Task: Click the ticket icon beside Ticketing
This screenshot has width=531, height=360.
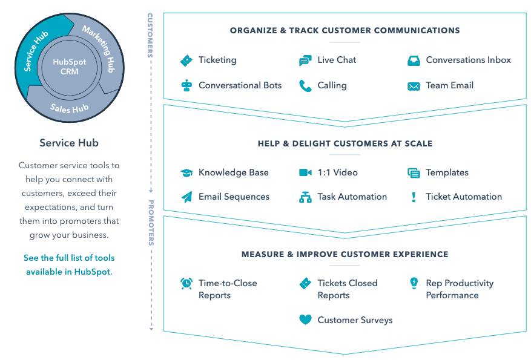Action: point(186,61)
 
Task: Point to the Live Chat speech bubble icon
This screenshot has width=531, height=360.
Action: point(305,61)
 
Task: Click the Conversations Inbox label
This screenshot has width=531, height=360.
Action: point(468,60)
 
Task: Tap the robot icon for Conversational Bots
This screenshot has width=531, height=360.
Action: point(186,85)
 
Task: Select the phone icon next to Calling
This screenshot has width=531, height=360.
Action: point(305,86)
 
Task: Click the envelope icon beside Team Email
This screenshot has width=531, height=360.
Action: point(414,86)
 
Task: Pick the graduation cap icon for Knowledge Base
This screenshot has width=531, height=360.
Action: point(186,173)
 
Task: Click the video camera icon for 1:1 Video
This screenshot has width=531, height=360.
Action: point(305,172)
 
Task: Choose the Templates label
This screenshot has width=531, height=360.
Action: point(447,172)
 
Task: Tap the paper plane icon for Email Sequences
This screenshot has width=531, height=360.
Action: point(186,197)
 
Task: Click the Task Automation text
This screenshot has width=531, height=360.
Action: point(352,197)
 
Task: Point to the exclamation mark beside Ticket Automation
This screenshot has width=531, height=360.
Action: point(414,197)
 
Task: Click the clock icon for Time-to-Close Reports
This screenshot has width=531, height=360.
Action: point(186,283)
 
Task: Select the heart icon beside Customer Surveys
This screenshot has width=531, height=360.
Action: point(305,320)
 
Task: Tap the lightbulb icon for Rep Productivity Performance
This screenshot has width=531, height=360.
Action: point(414,283)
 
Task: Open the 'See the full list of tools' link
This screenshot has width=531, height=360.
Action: point(69,265)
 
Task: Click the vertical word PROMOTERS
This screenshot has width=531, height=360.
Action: point(151,223)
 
